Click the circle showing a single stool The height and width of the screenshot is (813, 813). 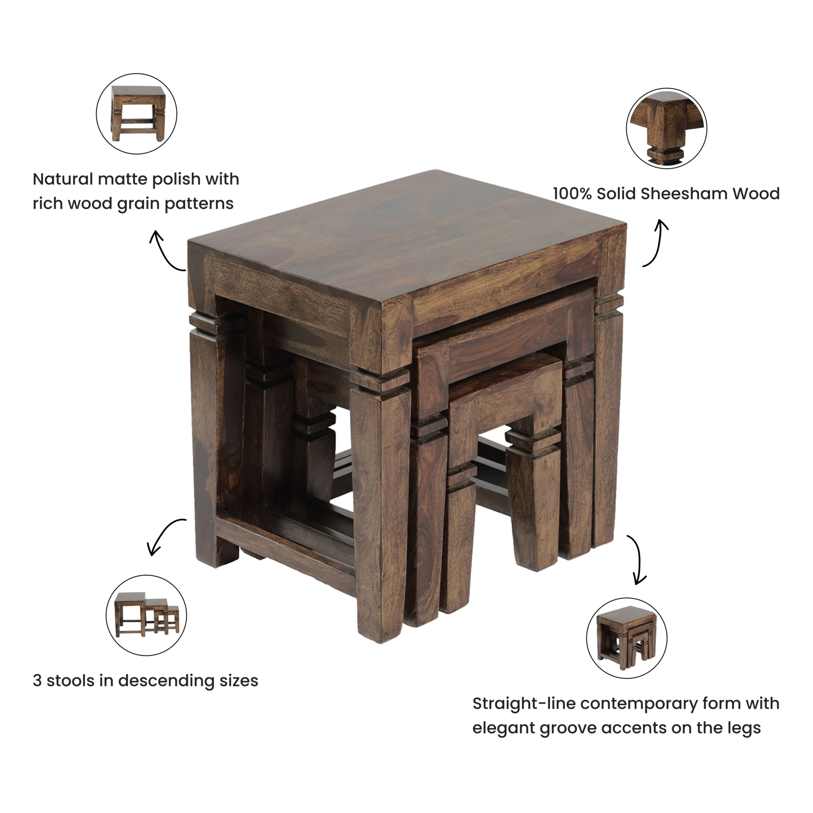[136, 113]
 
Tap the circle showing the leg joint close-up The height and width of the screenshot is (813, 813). [666, 128]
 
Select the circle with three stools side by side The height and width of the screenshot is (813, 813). [146, 615]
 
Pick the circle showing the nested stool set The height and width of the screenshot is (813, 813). [627, 638]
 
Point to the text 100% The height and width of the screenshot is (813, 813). [572, 194]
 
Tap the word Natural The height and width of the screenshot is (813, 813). [63, 179]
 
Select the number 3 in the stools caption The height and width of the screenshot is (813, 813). [37, 681]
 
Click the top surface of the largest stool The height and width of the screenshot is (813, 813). [406, 237]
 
